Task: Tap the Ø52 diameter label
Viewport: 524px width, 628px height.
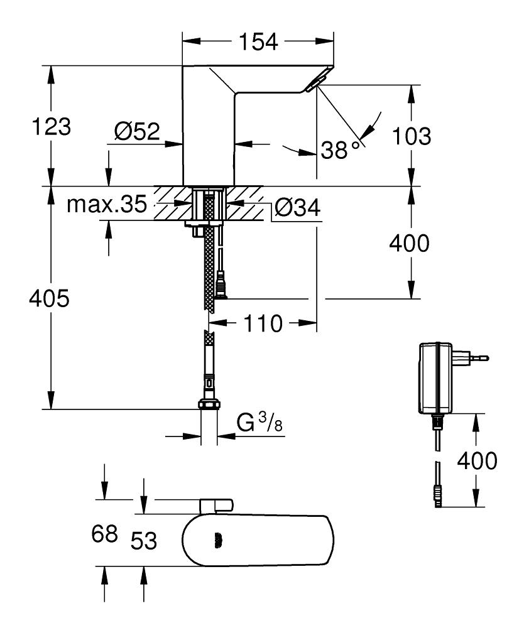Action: [x=136, y=132]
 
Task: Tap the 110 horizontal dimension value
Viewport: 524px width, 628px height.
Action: [x=263, y=324]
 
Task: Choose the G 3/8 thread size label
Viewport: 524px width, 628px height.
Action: [x=259, y=423]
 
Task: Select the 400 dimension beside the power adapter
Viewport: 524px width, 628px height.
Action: [x=476, y=461]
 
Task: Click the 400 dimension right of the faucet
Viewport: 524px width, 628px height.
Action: [x=410, y=243]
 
